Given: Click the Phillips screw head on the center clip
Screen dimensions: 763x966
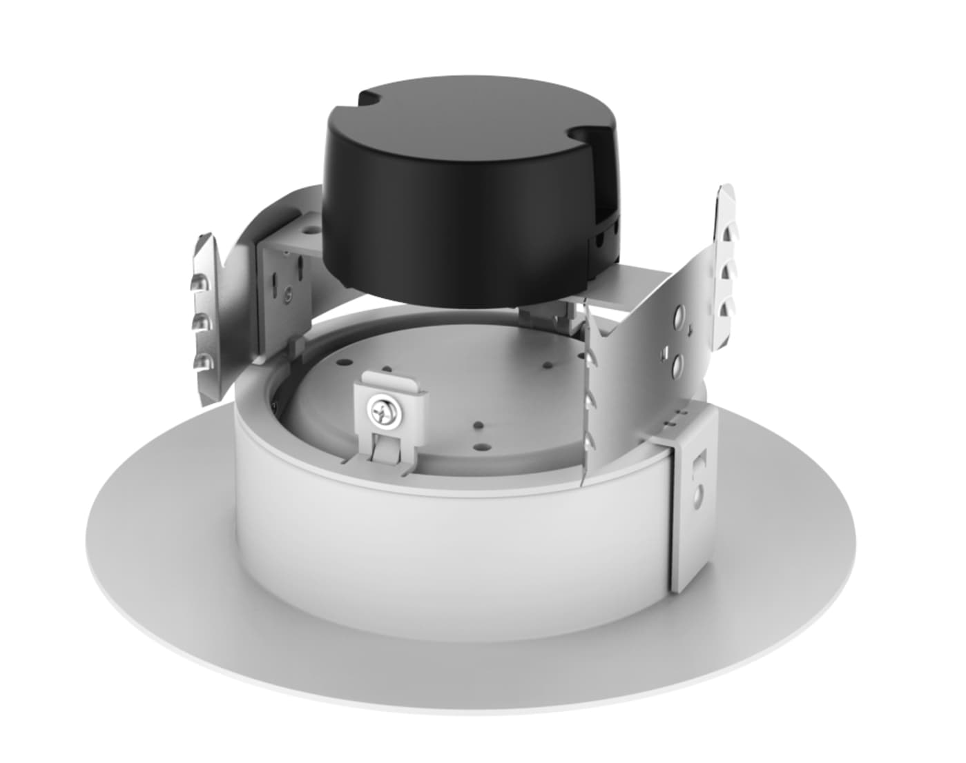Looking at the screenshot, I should click(x=379, y=413).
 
